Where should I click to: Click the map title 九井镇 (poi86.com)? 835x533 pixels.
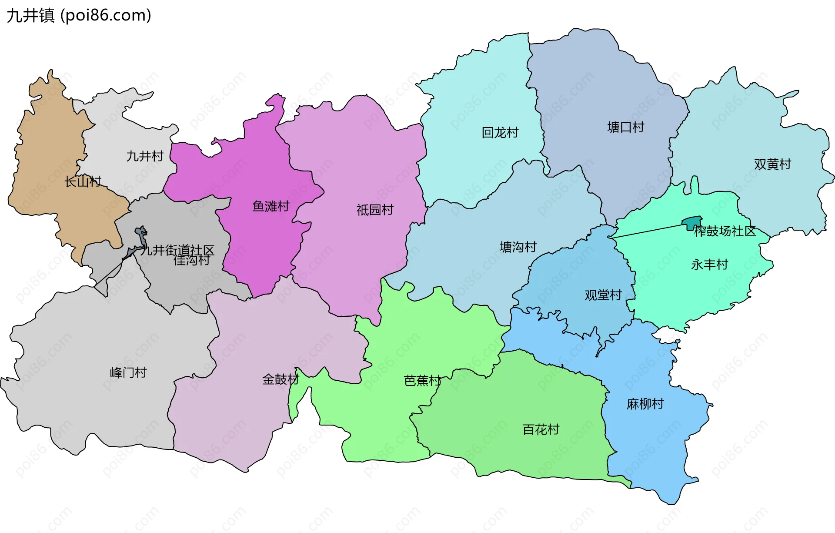79,16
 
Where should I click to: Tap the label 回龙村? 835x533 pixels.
500,132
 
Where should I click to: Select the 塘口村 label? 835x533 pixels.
625,127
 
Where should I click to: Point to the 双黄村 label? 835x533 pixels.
772,164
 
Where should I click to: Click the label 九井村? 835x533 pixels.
145,156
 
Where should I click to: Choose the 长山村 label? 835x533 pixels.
83,181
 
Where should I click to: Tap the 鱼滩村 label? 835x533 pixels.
271,206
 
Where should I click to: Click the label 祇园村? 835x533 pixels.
375,210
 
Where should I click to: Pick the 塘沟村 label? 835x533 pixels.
518,247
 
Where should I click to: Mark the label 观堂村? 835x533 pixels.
603,295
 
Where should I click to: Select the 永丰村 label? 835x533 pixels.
709,265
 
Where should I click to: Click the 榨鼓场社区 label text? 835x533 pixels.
725,231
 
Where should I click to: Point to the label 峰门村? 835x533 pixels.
128,372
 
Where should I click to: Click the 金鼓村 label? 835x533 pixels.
281,379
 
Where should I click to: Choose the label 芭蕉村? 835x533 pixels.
422,381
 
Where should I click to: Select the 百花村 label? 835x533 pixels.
541,430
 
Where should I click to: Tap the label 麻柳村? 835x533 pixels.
645,404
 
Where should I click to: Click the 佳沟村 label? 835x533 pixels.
192,260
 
